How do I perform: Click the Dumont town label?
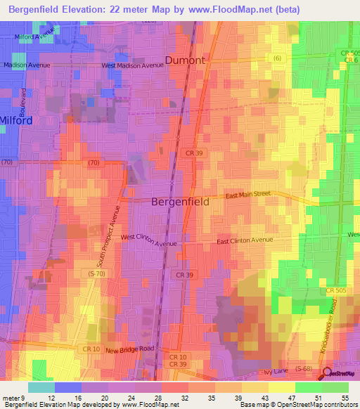click(185, 60)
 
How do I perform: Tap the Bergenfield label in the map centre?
click(180, 202)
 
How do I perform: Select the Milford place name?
click(16, 120)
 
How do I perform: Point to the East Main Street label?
click(247, 194)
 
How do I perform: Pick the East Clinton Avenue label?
click(244, 240)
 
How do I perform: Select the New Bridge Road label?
click(129, 349)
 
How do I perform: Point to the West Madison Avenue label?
click(132, 65)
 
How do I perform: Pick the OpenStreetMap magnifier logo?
click(326, 373)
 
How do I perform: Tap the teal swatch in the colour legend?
click(41, 387)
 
